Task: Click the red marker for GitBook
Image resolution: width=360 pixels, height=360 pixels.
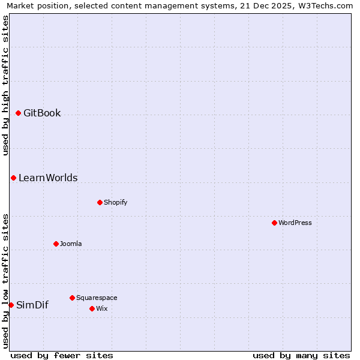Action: [x=18, y=113]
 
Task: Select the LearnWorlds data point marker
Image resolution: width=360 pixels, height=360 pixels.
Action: [x=13, y=178]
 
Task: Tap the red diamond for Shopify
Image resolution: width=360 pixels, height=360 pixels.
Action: [x=100, y=202]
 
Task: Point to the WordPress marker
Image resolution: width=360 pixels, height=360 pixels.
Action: [x=274, y=223]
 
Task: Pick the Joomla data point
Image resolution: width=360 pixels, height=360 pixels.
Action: [x=56, y=244]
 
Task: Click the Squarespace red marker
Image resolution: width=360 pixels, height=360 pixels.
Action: [x=72, y=298]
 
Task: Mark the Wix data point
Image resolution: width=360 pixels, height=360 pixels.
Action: [x=92, y=308]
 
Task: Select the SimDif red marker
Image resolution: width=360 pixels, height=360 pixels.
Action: [x=11, y=305]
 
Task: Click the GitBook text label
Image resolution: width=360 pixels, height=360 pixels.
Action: [x=42, y=113]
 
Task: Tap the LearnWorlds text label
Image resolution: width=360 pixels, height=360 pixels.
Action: [x=48, y=178]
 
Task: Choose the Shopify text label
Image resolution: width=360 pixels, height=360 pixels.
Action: [x=115, y=202]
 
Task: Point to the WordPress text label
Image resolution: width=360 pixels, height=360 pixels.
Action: [x=295, y=223]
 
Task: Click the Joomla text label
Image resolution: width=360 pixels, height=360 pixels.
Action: [x=71, y=244]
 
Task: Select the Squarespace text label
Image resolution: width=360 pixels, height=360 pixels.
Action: [x=97, y=298]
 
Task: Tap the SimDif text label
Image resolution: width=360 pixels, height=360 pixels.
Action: [x=32, y=305]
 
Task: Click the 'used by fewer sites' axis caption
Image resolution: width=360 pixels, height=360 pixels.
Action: [x=62, y=355]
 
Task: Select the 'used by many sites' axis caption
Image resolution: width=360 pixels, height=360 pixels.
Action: [x=301, y=355]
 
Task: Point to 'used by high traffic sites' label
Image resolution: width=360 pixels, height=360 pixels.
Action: [x=5, y=85]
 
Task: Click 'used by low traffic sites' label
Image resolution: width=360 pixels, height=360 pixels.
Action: [x=5, y=281]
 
